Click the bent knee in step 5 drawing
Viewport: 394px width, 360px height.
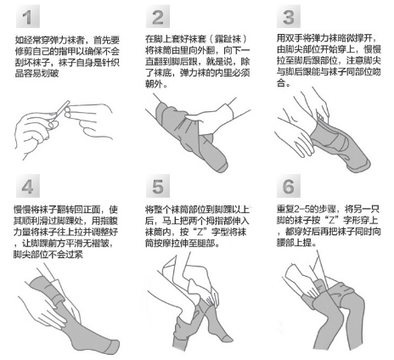click(197, 284)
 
